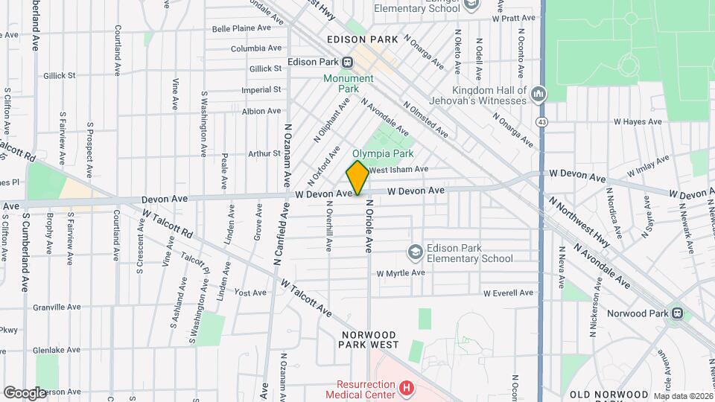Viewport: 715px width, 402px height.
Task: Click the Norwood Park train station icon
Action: pyautogui.click(x=677, y=313)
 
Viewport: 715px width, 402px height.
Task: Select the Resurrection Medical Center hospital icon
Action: pyautogui.click(x=406, y=387)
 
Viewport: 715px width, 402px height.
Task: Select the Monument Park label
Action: pyautogui.click(x=348, y=83)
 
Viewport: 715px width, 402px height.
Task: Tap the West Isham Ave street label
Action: pyautogui.click(x=398, y=169)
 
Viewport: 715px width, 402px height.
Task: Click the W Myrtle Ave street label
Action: pyautogui.click(x=400, y=273)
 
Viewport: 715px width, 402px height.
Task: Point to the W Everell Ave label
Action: pyautogui.click(x=508, y=293)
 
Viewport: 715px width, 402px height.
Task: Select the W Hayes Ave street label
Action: pyautogui.click(x=637, y=121)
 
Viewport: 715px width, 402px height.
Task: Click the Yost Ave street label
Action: pyautogui.click(x=250, y=293)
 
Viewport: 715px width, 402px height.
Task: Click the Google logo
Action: pyautogui.click(x=25, y=392)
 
